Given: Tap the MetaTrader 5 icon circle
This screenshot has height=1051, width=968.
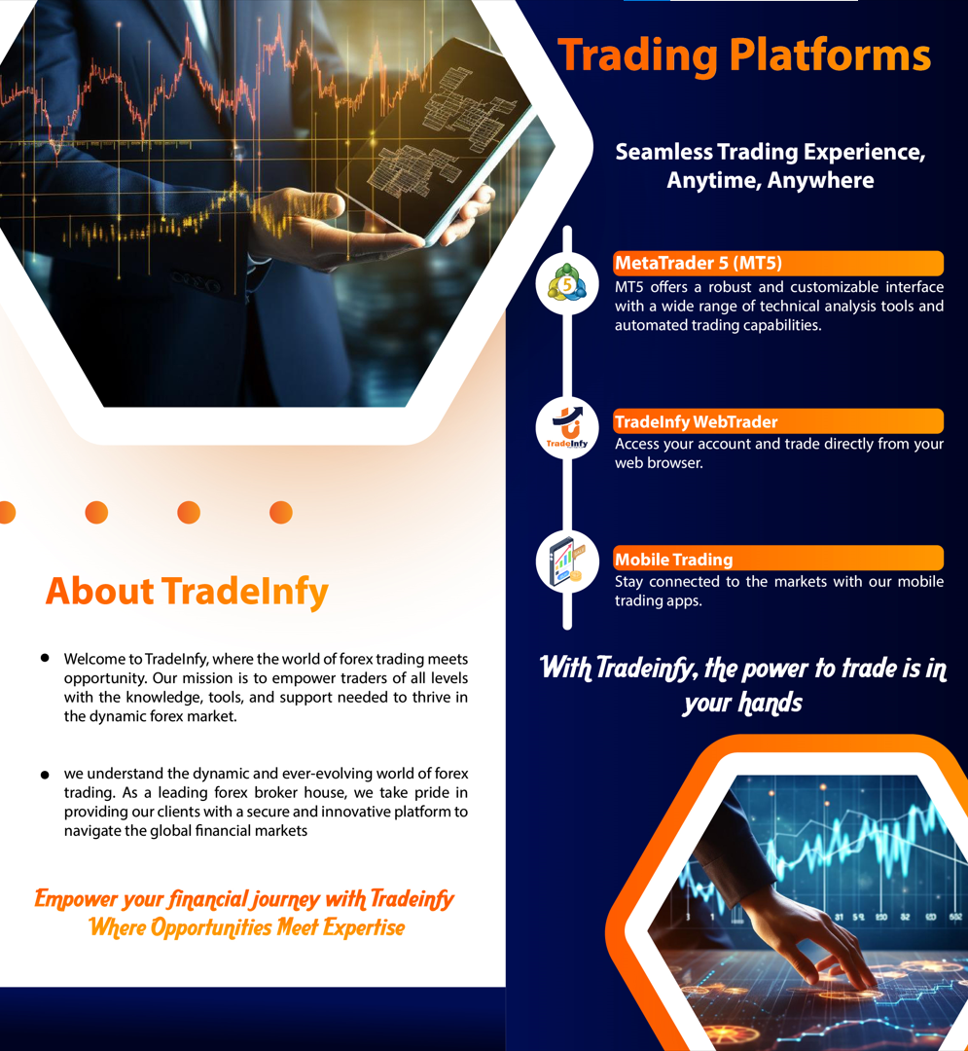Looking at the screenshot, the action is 567,283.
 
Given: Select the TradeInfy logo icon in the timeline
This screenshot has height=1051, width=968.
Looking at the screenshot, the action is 567,427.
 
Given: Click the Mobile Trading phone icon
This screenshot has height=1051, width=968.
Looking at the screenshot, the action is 567,562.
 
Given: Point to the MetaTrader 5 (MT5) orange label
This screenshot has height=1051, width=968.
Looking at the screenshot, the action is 778,263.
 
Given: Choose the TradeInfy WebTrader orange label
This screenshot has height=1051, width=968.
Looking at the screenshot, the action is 778,421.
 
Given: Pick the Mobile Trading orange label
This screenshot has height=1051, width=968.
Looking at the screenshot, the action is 778,559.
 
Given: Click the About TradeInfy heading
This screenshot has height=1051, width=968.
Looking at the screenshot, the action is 187,592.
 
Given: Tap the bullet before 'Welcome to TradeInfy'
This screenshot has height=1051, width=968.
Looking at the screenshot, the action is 45,658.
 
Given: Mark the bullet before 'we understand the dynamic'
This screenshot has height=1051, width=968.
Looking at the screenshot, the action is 45,775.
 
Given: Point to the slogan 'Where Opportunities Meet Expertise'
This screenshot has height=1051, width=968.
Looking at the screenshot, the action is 247,927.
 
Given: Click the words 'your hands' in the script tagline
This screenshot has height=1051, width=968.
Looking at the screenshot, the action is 743,704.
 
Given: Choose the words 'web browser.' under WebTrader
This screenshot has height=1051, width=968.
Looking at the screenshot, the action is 660,463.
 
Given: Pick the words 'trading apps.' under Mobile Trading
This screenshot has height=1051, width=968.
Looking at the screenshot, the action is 659,600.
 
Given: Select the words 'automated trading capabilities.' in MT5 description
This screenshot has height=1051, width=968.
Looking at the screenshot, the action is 718,326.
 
